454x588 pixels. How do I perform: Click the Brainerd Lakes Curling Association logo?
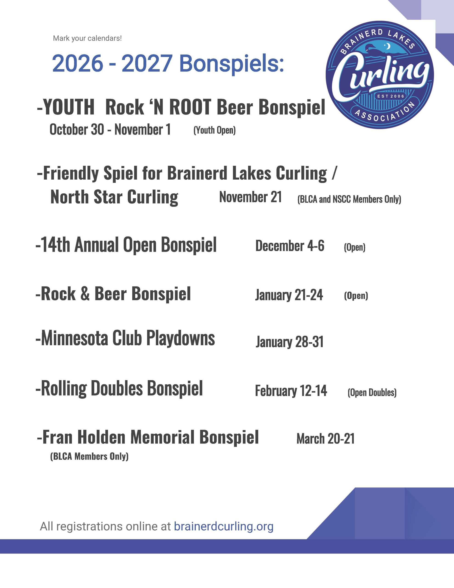(379, 75)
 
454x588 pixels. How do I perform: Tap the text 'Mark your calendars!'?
(87, 38)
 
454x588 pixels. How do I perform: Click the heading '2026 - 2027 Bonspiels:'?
(168, 64)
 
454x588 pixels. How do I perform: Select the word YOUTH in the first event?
(69, 107)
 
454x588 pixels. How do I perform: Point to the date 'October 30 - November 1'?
(110, 130)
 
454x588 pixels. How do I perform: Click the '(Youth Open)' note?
(214, 130)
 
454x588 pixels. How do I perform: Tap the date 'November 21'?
(251, 197)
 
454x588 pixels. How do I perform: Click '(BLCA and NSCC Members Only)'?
(349, 199)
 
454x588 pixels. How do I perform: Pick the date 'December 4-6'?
(290, 246)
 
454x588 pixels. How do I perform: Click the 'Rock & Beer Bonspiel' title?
(113, 294)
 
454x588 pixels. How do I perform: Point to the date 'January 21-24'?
(289, 295)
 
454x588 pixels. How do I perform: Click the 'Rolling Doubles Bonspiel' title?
(119, 388)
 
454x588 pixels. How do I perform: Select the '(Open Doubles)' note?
(372, 393)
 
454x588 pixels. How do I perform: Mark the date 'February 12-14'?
(291, 391)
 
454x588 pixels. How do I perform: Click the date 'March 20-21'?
(325, 439)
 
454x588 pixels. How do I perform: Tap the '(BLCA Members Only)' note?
(89, 456)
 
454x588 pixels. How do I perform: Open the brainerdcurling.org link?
(224, 526)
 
